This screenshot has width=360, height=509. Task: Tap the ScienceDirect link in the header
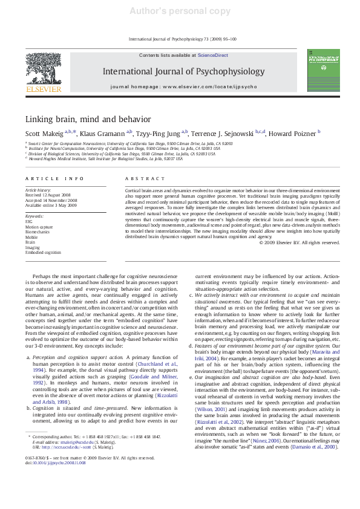point(212,55)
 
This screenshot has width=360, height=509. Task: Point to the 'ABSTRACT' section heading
point(145,179)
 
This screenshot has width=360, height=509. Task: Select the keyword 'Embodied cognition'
point(43,252)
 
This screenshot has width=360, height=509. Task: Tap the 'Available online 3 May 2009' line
point(51,204)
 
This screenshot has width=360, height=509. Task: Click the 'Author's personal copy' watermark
point(180,11)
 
